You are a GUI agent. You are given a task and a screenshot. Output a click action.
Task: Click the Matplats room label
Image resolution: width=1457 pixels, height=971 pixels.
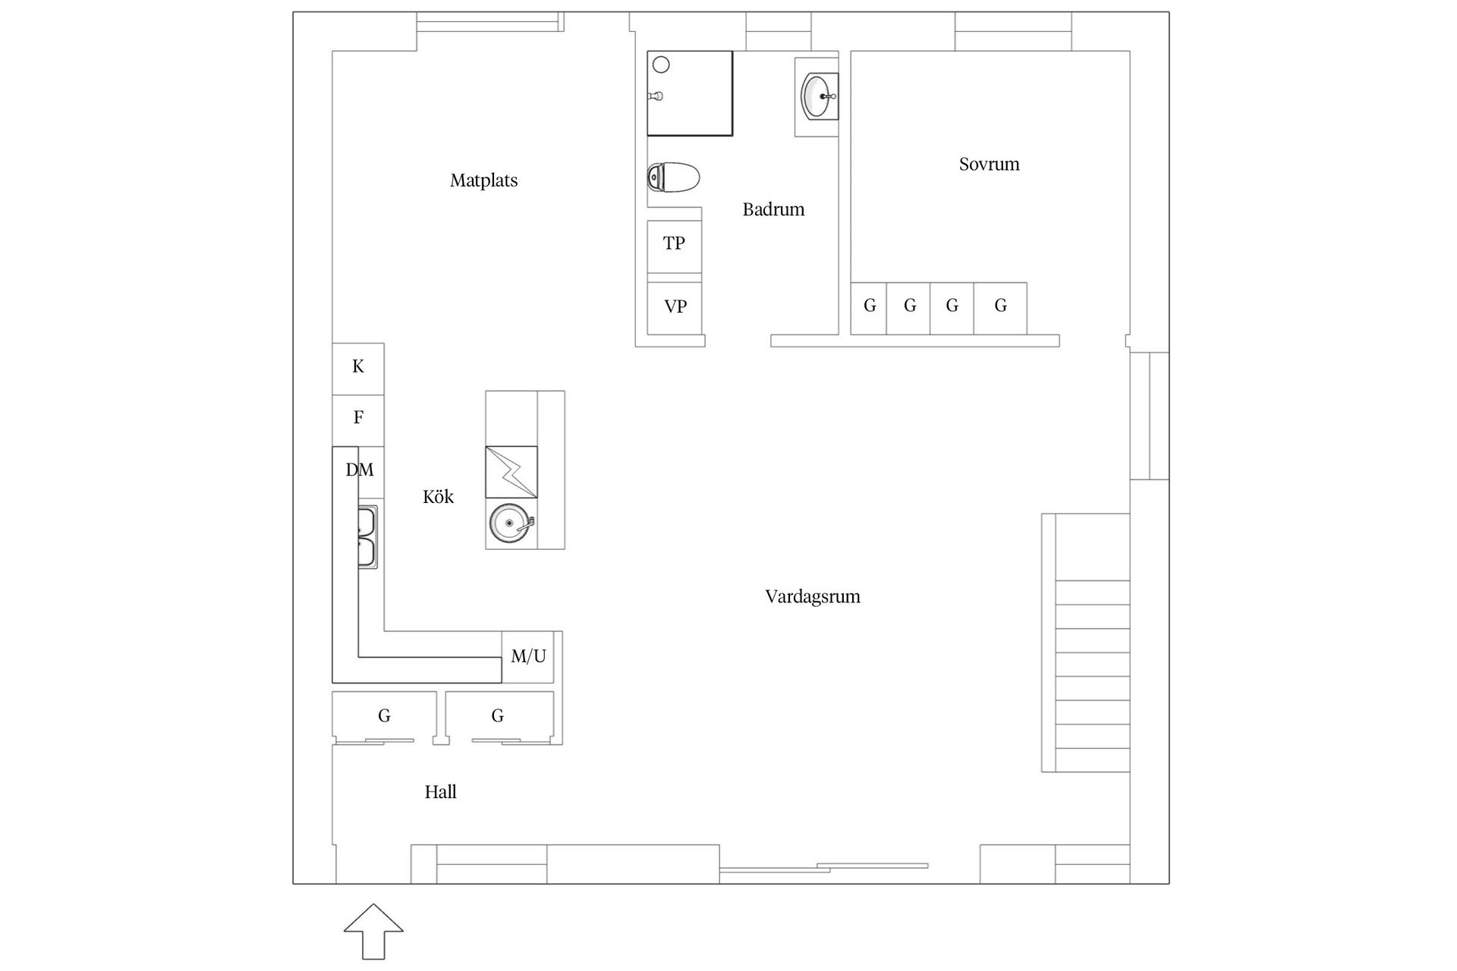coord(483,181)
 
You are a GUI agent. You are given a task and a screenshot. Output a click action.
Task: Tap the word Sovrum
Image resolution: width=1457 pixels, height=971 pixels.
coord(989,164)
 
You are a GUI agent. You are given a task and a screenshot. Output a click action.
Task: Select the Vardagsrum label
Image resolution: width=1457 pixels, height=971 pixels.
coord(812,596)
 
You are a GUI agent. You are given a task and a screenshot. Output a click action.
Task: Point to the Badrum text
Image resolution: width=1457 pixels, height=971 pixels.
coord(773,209)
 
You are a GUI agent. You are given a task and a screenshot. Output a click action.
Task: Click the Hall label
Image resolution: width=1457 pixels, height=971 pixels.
coord(440,792)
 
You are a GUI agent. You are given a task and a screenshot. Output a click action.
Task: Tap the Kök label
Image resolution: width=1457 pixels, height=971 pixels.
coord(438,497)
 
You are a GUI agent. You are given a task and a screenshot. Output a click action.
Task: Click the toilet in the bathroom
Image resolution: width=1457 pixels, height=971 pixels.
coord(673,178)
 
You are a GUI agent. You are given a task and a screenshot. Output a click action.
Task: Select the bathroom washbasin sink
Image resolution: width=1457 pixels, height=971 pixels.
coord(818,96)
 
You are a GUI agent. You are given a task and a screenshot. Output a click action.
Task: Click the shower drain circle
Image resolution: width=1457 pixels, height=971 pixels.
coord(661,65)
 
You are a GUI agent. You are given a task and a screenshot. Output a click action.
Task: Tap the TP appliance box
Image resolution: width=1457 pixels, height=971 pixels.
coord(674,244)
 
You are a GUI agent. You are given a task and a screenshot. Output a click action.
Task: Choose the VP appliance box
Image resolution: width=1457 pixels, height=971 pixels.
coord(675,306)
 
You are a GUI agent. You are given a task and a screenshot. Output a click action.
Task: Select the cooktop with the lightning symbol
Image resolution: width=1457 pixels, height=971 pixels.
coord(511,472)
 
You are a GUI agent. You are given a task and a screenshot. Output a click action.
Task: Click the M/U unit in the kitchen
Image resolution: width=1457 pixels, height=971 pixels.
coord(528,657)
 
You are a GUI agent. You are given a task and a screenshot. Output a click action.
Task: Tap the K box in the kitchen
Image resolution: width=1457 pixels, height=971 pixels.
coord(358,367)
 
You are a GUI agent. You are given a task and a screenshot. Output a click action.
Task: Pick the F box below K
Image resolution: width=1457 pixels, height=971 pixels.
coord(358,417)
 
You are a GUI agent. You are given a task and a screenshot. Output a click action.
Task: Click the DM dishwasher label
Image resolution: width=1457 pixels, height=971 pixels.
coord(360,470)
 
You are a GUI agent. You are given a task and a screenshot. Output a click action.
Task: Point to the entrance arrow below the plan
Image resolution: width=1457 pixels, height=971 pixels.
coord(373,930)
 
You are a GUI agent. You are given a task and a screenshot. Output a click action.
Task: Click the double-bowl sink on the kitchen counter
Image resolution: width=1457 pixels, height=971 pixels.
coord(367,537)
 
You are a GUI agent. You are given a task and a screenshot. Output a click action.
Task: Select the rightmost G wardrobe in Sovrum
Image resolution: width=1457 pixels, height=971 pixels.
coord(1000,306)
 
